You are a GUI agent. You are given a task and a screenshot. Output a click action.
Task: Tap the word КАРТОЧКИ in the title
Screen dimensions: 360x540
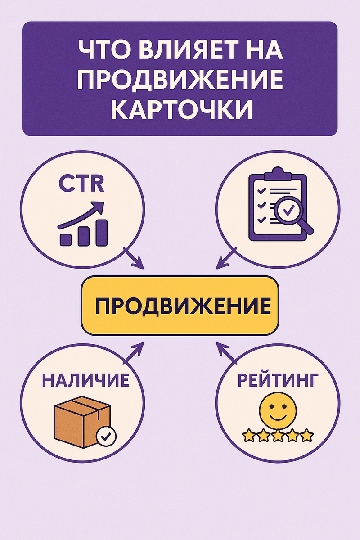180,110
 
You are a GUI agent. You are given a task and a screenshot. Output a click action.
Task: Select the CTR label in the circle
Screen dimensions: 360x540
81,184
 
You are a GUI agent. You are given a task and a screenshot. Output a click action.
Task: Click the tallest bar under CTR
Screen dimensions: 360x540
101,233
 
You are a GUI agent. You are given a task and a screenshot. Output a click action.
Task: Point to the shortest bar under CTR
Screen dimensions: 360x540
66,238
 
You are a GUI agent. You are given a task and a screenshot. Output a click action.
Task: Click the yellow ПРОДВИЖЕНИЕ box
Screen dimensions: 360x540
180,306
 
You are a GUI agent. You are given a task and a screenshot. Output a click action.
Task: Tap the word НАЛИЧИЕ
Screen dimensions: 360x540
85,380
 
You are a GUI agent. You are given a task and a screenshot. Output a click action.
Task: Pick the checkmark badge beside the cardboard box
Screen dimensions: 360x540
107,436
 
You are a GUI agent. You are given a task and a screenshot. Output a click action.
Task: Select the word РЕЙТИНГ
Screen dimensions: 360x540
274,380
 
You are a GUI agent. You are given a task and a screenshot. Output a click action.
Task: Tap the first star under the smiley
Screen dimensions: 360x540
248,435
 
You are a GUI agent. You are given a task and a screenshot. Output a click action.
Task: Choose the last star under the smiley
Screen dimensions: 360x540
307,435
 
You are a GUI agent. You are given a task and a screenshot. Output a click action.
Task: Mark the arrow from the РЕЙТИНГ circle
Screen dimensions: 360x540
226,353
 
